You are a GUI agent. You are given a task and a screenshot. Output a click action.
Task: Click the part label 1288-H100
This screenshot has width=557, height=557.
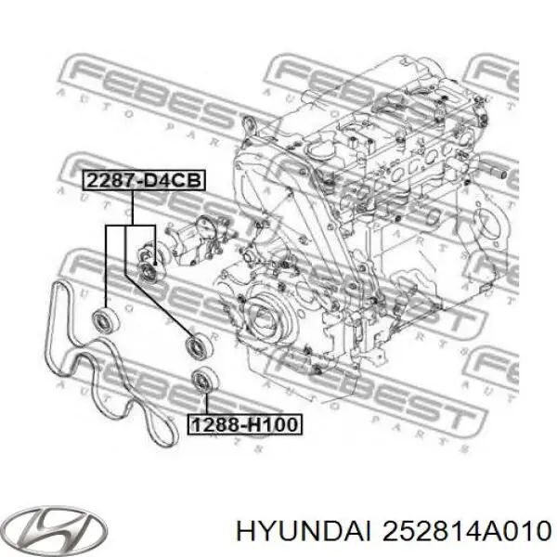pos(245,425)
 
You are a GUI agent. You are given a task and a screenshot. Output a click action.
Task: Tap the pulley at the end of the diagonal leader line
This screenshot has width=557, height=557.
pos(196,344)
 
